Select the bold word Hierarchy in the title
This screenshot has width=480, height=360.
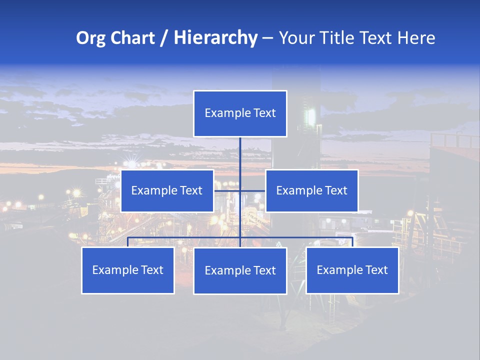[215, 38]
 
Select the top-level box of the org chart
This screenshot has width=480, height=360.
[240, 113]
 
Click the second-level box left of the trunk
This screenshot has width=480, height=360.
[167, 190]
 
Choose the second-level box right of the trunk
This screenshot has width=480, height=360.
[311, 190]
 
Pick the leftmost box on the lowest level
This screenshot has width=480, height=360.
[127, 270]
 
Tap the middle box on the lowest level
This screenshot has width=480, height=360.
[240, 270]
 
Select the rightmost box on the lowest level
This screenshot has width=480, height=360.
[352, 270]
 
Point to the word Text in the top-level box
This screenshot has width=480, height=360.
[264, 113]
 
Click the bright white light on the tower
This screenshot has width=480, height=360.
[311, 117]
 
